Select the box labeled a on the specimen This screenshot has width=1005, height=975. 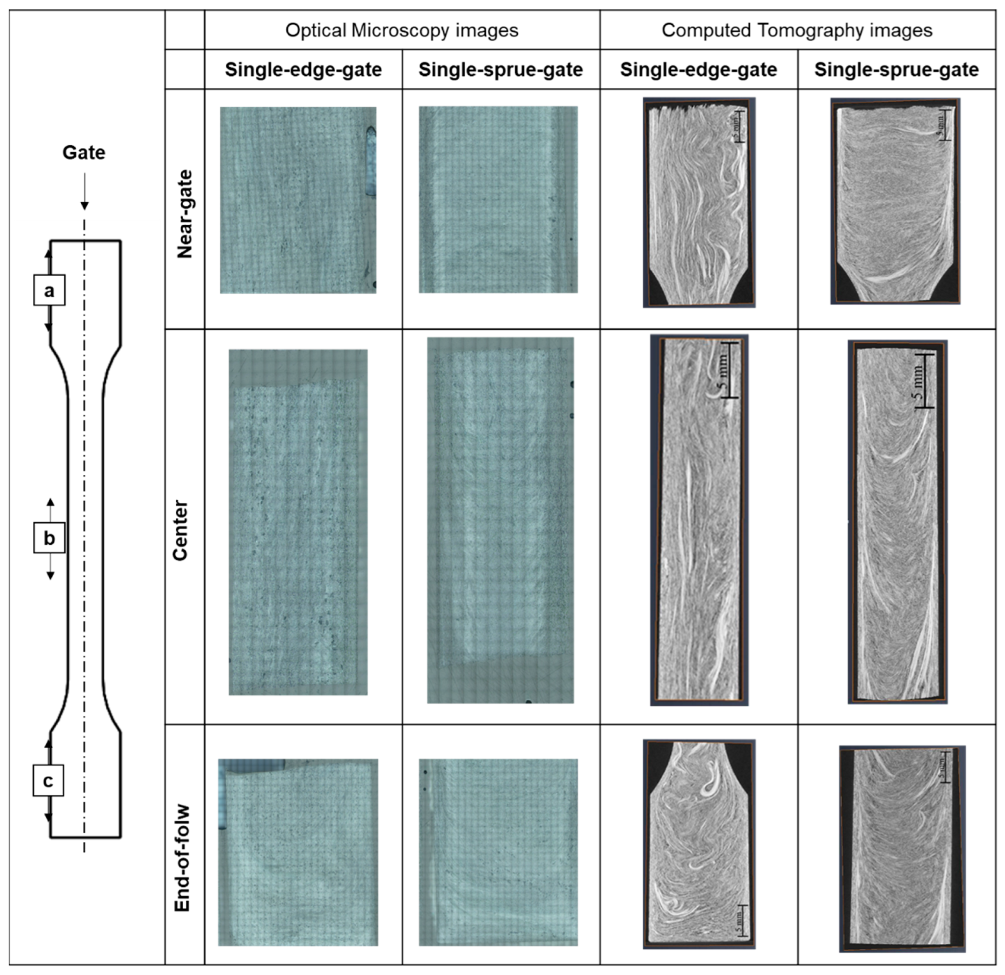click(49, 290)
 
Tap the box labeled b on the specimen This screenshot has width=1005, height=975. click(49, 538)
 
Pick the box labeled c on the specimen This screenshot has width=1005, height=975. click(48, 781)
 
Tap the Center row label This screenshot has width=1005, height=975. click(180, 531)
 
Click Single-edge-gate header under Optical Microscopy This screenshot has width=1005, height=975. click(303, 70)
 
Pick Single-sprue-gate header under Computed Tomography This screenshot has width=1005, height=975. click(896, 70)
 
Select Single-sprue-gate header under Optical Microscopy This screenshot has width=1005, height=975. click(501, 70)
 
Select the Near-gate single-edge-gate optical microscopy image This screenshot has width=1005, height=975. click(298, 200)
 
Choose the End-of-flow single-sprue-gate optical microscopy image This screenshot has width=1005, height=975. click(498, 852)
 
